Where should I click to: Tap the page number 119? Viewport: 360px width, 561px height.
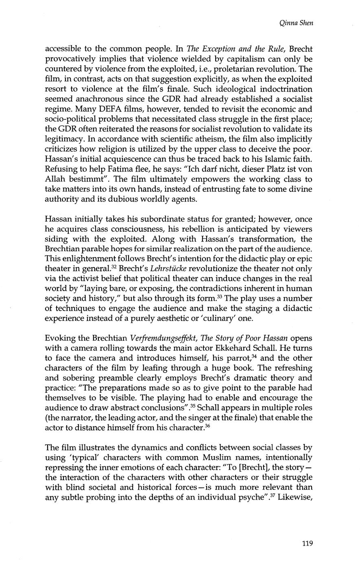[x=308, y=543]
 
